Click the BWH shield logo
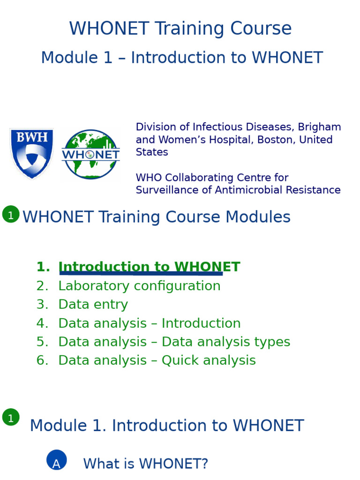[x=31, y=153]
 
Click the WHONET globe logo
[x=90, y=154]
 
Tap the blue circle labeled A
[x=57, y=460]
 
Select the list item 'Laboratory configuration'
[x=139, y=286]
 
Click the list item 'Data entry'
[x=93, y=305]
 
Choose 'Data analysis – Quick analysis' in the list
[x=157, y=360]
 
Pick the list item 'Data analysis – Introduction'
[x=149, y=323]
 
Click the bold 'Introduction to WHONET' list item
[x=149, y=267]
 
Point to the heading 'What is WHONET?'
[x=145, y=464]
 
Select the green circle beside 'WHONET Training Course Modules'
[x=11, y=214]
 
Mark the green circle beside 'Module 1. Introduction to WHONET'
[x=11, y=417]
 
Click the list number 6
[x=42, y=360]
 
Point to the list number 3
[x=42, y=305]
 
